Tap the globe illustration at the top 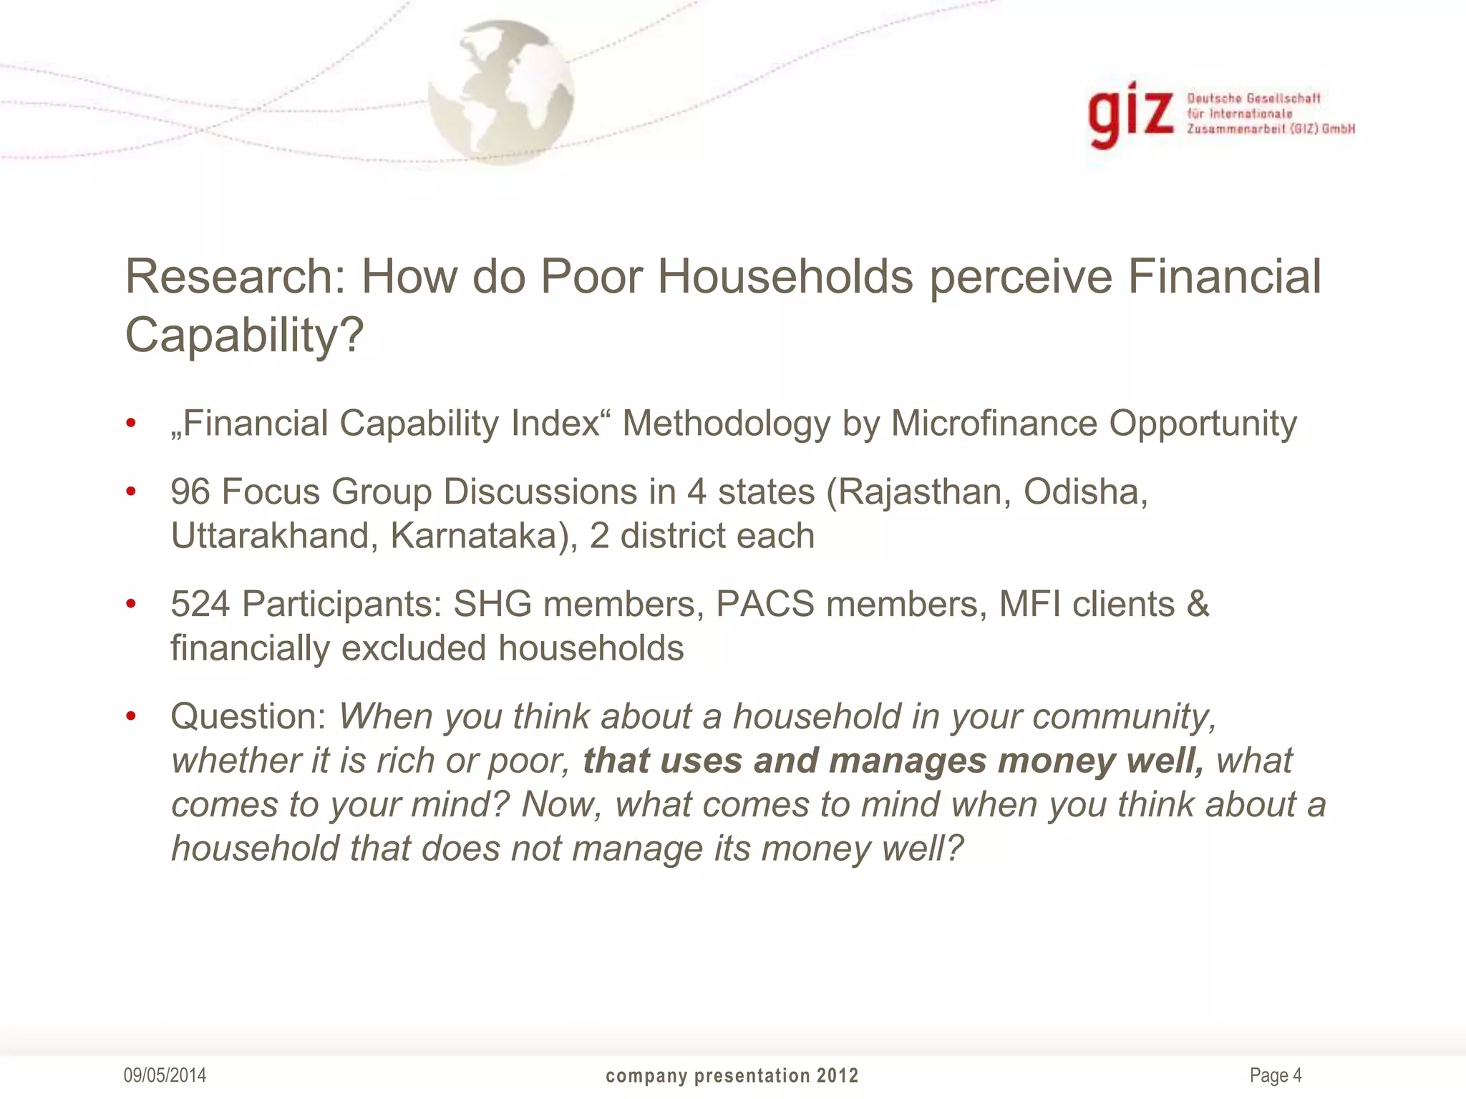point(501,92)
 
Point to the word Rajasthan point(924,492)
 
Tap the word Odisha point(1084,492)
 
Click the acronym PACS point(765,604)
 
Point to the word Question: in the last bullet point(248,717)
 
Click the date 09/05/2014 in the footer point(165,1075)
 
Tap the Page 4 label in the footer point(1276,1075)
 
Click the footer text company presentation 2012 point(732,1076)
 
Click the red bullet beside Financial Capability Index point(130,424)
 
